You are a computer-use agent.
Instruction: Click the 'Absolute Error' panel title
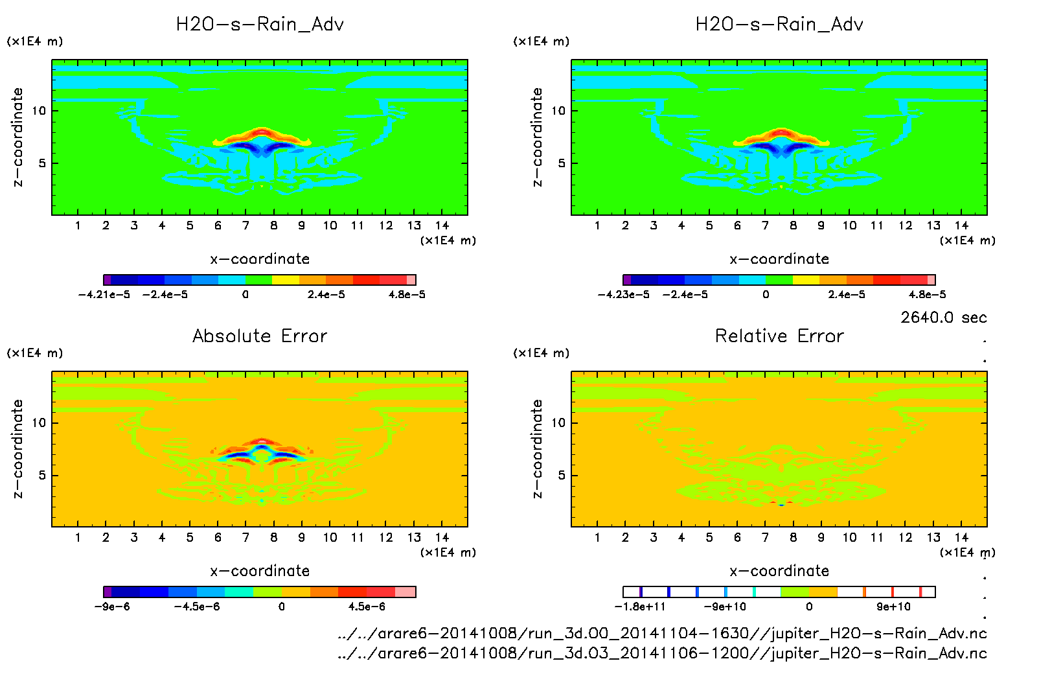pyautogui.click(x=260, y=336)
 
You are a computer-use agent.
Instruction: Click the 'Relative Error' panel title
pyautogui.click(x=779, y=336)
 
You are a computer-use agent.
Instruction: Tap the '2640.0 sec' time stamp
pyautogui.click(x=943, y=318)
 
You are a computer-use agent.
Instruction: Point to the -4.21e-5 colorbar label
pyautogui.click(x=104, y=295)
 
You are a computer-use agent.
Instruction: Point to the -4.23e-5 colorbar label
pyautogui.click(x=623, y=295)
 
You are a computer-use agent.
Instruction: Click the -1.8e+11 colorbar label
pyautogui.click(x=640, y=607)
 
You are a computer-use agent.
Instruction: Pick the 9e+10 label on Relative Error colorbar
pyautogui.click(x=893, y=607)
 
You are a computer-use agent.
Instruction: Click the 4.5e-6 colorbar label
pyautogui.click(x=367, y=607)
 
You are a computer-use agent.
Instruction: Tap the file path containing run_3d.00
pyautogui.click(x=662, y=633)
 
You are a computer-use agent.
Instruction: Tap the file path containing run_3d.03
pyautogui.click(x=662, y=653)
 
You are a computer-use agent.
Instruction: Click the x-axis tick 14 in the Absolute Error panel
pyautogui.click(x=442, y=537)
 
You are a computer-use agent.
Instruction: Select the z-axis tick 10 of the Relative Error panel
pyautogui.click(x=558, y=423)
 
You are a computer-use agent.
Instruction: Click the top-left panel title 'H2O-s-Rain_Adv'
pyautogui.click(x=260, y=25)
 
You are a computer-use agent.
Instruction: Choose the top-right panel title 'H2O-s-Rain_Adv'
pyautogui.click(x=779, y=25)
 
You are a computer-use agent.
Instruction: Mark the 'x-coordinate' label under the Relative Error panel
pyautogui.click(x=779, y=571)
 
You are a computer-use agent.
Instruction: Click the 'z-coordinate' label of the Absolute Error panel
pyautogui.click(x=17, y=448)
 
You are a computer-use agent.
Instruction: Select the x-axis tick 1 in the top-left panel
pyautogui.click(x=78, y=226)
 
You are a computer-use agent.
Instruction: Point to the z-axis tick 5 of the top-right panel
pyautogui.click(x=562, y=163)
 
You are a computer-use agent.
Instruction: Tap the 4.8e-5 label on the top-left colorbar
pyautogui.click(x=407, y=295)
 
